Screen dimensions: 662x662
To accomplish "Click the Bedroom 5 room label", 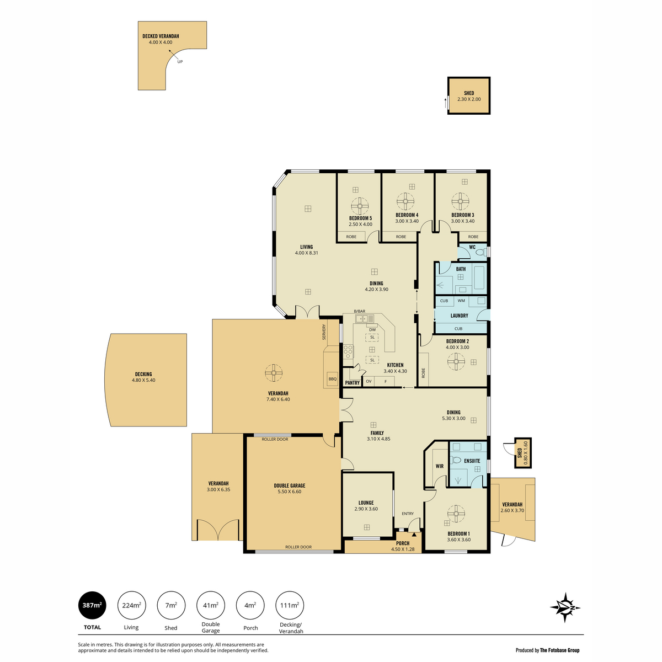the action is coord(360,218).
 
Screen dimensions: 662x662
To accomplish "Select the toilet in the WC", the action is coord(481,253).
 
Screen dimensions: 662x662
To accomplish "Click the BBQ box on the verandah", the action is coord(332,379).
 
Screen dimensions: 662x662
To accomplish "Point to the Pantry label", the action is coord(352,383).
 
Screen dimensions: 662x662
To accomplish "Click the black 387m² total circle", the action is coord(92,605).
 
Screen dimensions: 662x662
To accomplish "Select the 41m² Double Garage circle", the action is coord(211,605).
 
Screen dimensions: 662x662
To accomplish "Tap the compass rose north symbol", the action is coord(565,607).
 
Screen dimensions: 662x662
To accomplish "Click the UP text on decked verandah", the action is coord(180,62).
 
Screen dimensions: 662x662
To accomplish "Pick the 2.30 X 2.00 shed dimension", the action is coord(469,99).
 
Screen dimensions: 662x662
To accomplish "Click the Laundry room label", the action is coord(459,316).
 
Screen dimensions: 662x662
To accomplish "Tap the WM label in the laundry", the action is coord(461,301).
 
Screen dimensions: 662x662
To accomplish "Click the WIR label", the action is coord(439,466).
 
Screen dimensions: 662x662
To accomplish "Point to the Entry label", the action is coord(408,514).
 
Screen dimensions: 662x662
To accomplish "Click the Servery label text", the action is coord(324,332).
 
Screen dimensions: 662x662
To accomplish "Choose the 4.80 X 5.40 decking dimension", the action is coord(143,380).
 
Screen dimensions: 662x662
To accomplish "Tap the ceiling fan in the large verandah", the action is coord(274,373).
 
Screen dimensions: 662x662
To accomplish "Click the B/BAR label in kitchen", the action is coord(360,311).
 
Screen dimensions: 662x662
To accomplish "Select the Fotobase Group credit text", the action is coord(547,650).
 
